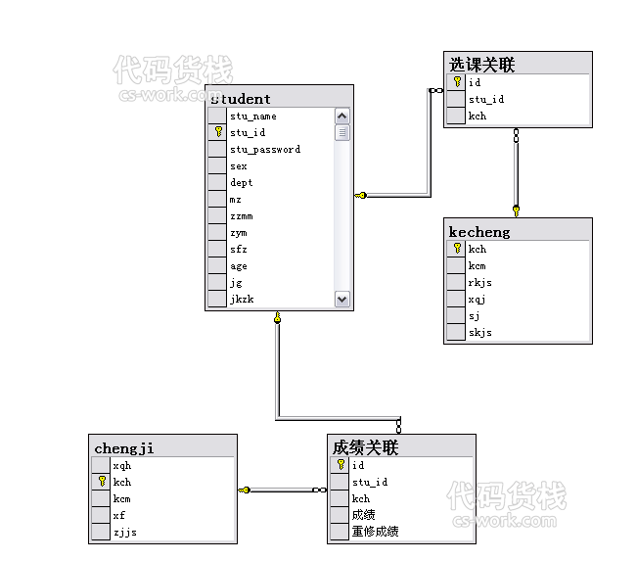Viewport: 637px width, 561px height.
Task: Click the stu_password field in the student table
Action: pos(265,150)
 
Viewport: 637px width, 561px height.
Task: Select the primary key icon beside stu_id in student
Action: pos(218,132)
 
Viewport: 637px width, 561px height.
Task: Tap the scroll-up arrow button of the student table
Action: pos(342,117)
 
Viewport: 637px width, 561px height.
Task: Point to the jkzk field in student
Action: pos(242,300)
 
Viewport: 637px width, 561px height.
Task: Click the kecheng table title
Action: pos(479,232)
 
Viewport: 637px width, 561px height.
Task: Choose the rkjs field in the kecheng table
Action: pos(479,283)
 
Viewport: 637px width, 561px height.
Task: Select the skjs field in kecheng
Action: pos(479,333)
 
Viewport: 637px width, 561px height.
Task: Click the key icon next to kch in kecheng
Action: pos(457,249)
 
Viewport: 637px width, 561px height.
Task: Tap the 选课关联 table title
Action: pos(481,65)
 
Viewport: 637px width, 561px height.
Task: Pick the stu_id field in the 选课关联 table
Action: pos(486,99)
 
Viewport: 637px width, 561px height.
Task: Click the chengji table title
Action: pos(124,448)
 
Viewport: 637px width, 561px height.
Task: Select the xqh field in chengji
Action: pos(122,465)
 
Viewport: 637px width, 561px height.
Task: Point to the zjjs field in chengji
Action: pos(124,533)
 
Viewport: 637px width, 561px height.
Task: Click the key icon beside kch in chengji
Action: pos(102,482)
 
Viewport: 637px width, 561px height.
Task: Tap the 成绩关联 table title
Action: pos(365,448)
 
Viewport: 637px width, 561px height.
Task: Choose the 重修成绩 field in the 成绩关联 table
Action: pos(375,532)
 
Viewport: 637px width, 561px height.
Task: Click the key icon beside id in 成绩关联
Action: pos(341,465)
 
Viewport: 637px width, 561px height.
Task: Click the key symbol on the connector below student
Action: pos(278,317)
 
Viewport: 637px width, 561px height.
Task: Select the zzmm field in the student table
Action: pos(242,216)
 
